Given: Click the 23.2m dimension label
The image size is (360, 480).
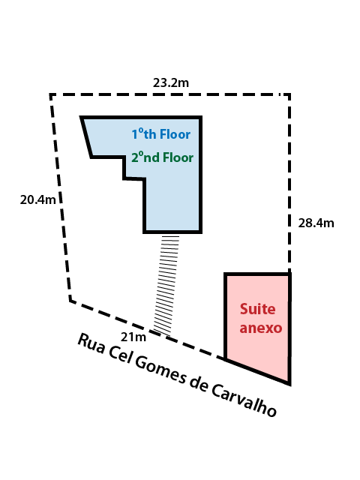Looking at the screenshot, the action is [171, 82].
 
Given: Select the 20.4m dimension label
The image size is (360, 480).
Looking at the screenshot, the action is [38, 199].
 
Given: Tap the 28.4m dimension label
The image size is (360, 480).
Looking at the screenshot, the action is [316, 223].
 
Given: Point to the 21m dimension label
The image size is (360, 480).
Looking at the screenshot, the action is [133, 337].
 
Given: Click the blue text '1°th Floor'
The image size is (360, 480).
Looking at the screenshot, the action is [161, 134].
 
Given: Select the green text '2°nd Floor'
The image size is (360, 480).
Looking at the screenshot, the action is [162, 157].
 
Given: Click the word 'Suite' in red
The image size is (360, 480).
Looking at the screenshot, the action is [257, 309].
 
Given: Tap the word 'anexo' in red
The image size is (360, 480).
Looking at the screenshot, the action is [261, 328].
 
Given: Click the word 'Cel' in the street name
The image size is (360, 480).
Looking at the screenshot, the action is [119, 355].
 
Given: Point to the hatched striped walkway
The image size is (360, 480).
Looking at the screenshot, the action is [166, 285].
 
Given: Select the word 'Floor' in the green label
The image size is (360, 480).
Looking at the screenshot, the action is [178, 157].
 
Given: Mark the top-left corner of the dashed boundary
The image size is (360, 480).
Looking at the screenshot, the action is [51, 95].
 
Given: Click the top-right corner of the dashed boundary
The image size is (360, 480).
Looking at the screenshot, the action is [289, 95].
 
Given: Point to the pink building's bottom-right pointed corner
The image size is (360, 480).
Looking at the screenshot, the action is [289, 385].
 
